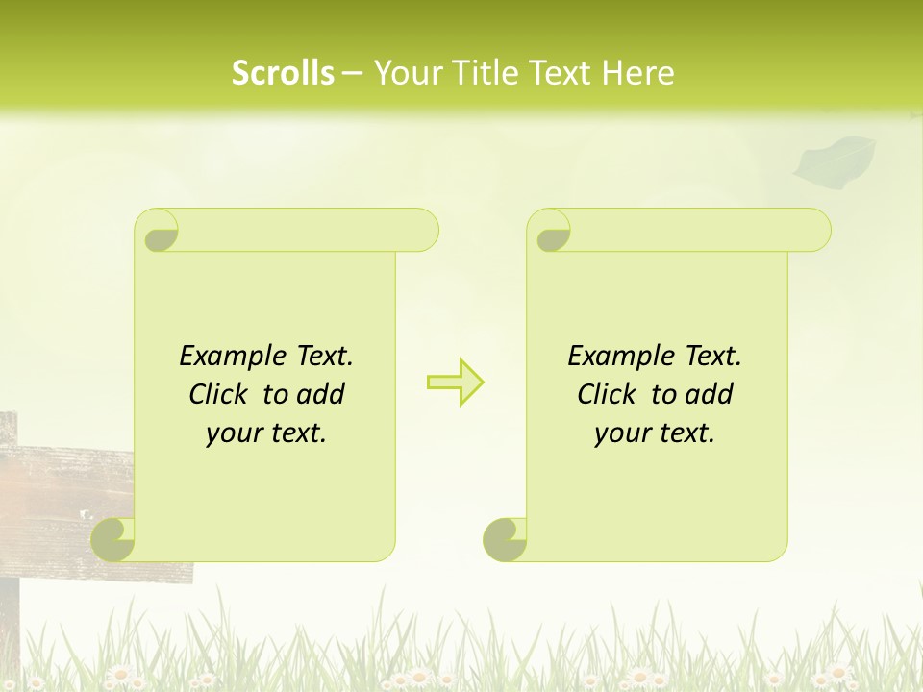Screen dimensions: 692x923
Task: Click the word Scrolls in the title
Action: point(283,72)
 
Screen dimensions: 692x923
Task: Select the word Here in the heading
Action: point(638,72)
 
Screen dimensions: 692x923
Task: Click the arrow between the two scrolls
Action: point(455,383)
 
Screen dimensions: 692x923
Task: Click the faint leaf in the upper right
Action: point(834,159)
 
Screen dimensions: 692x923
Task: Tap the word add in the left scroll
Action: point(322,394)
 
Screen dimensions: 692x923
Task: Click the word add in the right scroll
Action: point(711,394)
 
